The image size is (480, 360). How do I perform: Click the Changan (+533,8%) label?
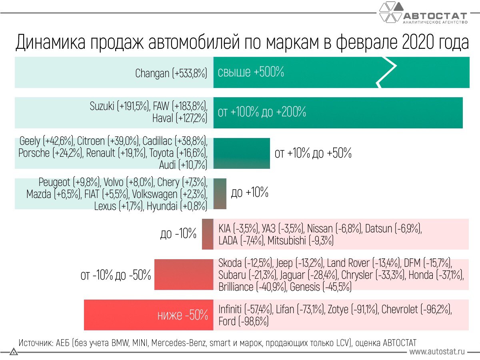tap(171, 73)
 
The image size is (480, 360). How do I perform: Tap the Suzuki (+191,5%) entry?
tap(119, 107)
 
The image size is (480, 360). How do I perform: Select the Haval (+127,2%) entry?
tap(179, 118)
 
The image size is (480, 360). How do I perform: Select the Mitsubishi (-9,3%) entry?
tap(300, 241)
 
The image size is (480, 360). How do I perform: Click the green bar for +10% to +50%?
tap(242, 153)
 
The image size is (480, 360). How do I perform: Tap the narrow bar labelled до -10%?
tap(208, 234)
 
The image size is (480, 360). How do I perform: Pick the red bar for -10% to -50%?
tap(184, 275)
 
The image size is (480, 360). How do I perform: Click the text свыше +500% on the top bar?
tap(251, 72)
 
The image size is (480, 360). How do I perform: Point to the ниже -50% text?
tap(183, 315)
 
